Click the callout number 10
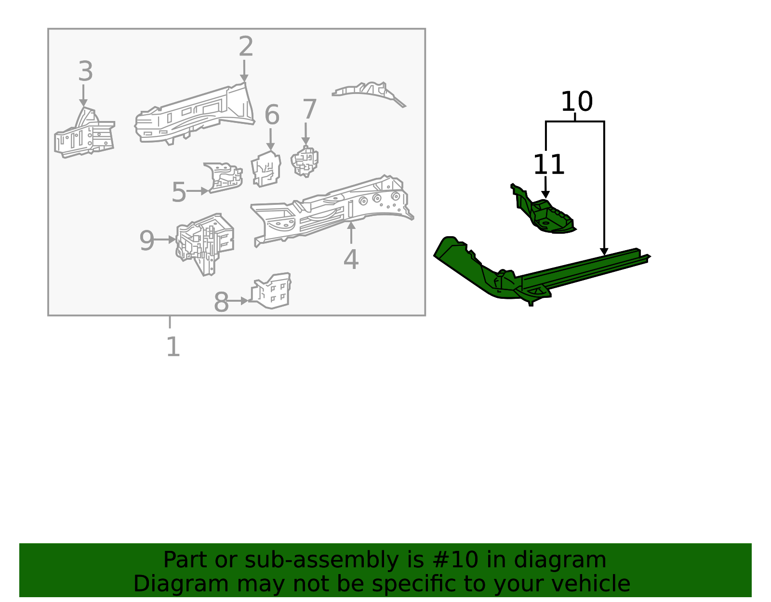[x=576, y=102]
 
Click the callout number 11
[x=548, y=165]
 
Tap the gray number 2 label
[x=246, y=47]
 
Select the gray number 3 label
[x=85, y=71]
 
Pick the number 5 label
[x=178, y=192]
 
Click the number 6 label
[x=272, y=115]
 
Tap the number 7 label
[x=309, y=109]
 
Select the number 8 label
[x=221, y=303]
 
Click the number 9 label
[x=146, y=241]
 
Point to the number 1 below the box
[x=173, y=347]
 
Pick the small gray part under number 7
[x=305, y=161]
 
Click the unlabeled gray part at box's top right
[x=369, y=92]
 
